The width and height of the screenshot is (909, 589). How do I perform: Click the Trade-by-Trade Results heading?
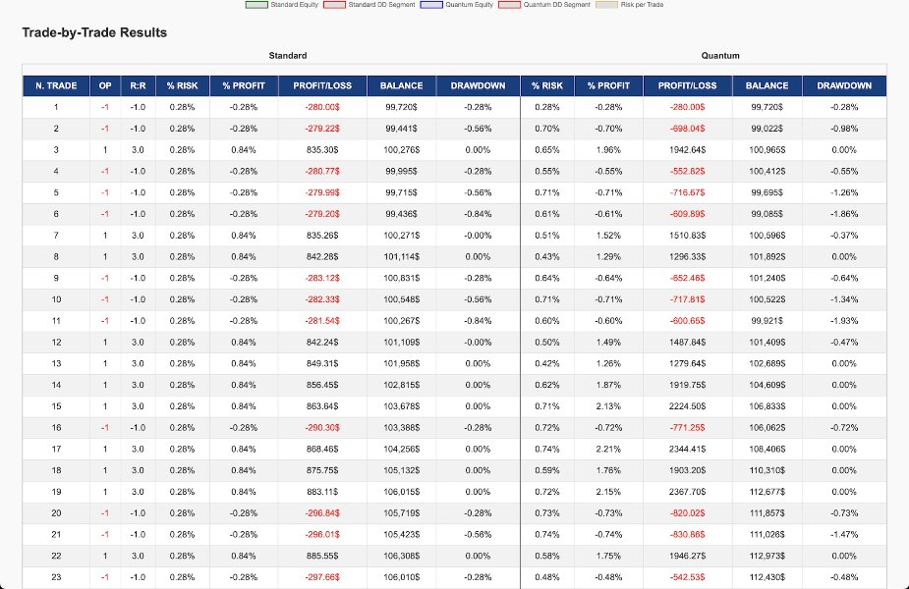(x=94, y=32)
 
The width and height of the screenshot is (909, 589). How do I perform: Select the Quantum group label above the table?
(x=720, y=56)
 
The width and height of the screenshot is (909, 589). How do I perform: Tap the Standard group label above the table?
(x=288, y=56)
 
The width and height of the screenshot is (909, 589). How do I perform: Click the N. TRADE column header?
(x=56, y=85)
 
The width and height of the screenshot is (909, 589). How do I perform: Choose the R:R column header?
(x=138, y=85)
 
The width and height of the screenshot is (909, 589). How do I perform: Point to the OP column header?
(x=105, y=85)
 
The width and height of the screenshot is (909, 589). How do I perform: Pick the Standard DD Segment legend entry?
(x=380, y=5)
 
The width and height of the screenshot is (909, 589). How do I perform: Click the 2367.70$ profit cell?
(x=687, y=492)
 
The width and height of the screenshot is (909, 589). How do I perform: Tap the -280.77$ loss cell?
(x=322, y=171)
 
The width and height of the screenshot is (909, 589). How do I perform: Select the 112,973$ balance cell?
(x=767, y=556)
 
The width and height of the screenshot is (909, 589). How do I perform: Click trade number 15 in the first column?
(x=56, y=406)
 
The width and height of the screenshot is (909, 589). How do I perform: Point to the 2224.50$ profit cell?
(x=687, y=406)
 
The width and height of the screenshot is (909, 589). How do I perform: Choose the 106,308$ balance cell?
(x=401, y=556)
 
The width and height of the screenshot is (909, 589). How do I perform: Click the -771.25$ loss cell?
(x=687, y=428)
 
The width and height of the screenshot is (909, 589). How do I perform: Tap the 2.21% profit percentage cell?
(x=608, y=449)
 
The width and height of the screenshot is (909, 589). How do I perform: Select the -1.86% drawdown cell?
(x=843, y=214)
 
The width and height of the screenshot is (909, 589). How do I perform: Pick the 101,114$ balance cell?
(x=401, y=256)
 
